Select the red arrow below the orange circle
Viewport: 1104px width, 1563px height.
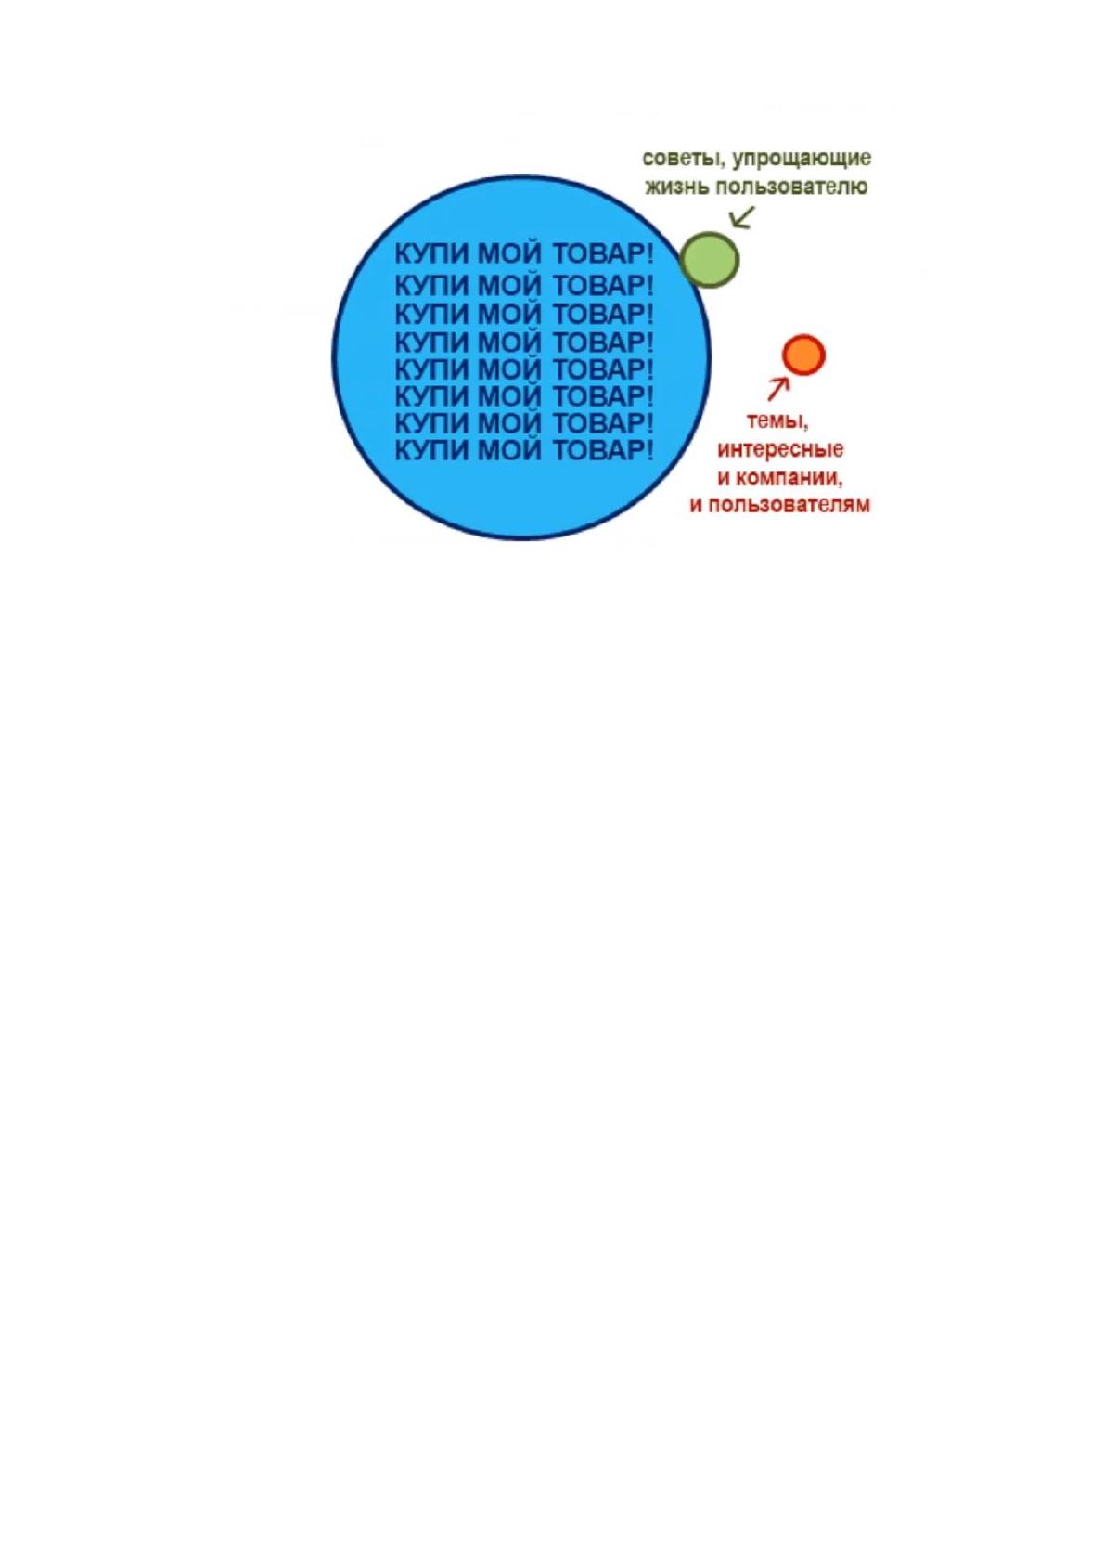click(x=778, y=389)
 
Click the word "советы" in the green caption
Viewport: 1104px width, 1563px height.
click(x=680, y=159)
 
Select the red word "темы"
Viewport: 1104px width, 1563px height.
click(x=777, y=422)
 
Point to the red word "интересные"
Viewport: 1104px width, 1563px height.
click(x=780, y=451)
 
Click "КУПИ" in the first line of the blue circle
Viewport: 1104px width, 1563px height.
click(x=431, y=254)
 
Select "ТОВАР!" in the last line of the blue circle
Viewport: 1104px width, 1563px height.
click(x=603, y=451)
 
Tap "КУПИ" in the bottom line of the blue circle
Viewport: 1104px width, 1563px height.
click(x=431, y=451)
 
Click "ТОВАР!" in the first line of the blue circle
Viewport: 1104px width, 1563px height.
click(x=603, y=254)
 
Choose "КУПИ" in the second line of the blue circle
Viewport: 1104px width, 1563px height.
click(x=431, y=286)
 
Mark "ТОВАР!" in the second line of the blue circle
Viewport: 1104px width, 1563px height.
click(x=603, y=286)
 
